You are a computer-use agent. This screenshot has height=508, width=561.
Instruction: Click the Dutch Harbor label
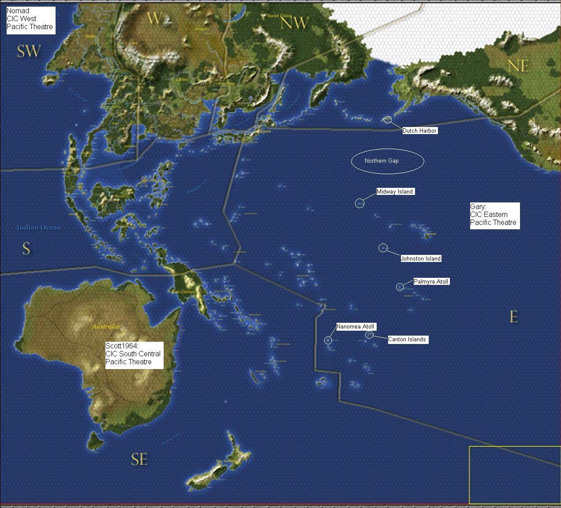point(419,131)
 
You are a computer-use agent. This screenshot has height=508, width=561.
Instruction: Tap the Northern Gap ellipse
point(387,161)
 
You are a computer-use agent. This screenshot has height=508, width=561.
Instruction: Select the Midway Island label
point(395,191)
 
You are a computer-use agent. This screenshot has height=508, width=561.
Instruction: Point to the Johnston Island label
point(420,259)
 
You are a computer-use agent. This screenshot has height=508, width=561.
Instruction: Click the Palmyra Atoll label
point(431,281)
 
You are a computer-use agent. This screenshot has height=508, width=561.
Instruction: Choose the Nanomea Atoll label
point(356,327)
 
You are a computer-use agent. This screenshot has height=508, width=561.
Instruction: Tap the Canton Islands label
point(407,340)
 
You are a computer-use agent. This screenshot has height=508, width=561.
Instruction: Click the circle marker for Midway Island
point(359,203)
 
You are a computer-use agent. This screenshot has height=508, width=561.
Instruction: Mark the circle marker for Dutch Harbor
point(387,120)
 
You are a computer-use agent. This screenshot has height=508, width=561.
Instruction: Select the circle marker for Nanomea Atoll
point(328,340)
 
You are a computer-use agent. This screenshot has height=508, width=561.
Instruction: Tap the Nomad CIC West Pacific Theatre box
point(30,19)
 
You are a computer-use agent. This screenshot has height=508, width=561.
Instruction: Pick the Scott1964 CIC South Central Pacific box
point(134,354)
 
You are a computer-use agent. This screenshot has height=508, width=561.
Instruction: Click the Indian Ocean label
point(39,228)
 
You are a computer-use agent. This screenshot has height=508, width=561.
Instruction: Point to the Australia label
point(105,327)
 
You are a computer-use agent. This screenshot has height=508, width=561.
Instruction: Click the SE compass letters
point(139,459)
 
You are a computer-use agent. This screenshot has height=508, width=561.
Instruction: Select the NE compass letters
point(518,66)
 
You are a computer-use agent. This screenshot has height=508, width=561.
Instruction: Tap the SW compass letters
point(29,51)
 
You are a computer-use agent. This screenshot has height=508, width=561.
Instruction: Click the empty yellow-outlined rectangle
point(514,475)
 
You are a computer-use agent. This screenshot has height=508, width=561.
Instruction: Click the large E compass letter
point(513,317)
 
